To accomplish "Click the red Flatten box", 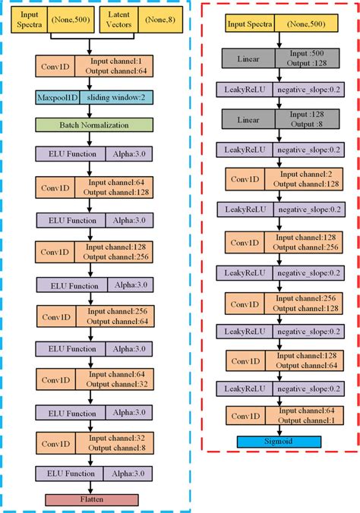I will click(92, 499).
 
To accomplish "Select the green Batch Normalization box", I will click(92, 124).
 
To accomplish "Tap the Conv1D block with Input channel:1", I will click(92, 67).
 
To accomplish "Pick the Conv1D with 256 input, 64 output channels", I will click(92, 316).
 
